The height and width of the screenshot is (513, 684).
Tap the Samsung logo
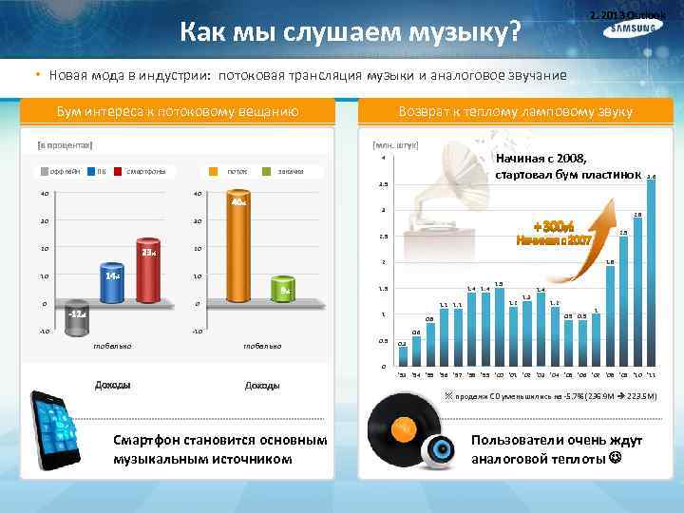(632, 29)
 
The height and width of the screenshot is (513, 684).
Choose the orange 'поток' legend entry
(237, 171)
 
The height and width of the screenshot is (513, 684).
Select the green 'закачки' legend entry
(291, 171)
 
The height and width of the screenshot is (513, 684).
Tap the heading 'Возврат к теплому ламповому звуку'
(517, 112)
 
